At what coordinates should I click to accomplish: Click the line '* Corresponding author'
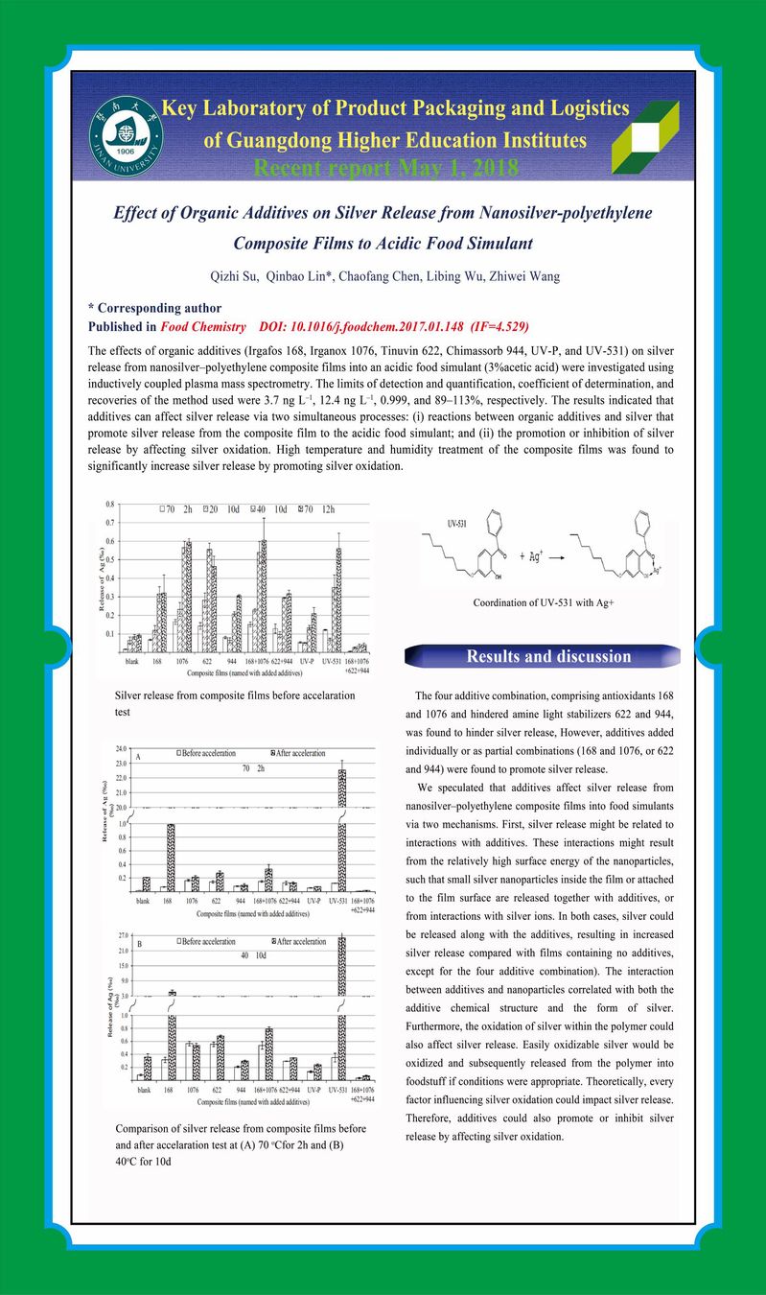pyautogui.click(x=154, y=309)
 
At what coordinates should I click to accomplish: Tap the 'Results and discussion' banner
pyautogui.click(x=548, y=656)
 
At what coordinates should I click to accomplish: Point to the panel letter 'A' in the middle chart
pyautogui.click(x=139, y=757)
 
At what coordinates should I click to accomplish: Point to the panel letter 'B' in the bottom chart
pyautogui.click(x=139, y=944)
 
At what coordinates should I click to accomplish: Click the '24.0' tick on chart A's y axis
pyautogui.click(x=122, y=748)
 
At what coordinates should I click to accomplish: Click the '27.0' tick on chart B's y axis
pyautogui.click(x=122, y=934)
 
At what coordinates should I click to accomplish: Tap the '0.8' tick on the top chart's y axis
pyautogui.click(x=109, y=504)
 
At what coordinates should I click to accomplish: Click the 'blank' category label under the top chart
pyautogui.click(x=132, y=661)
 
